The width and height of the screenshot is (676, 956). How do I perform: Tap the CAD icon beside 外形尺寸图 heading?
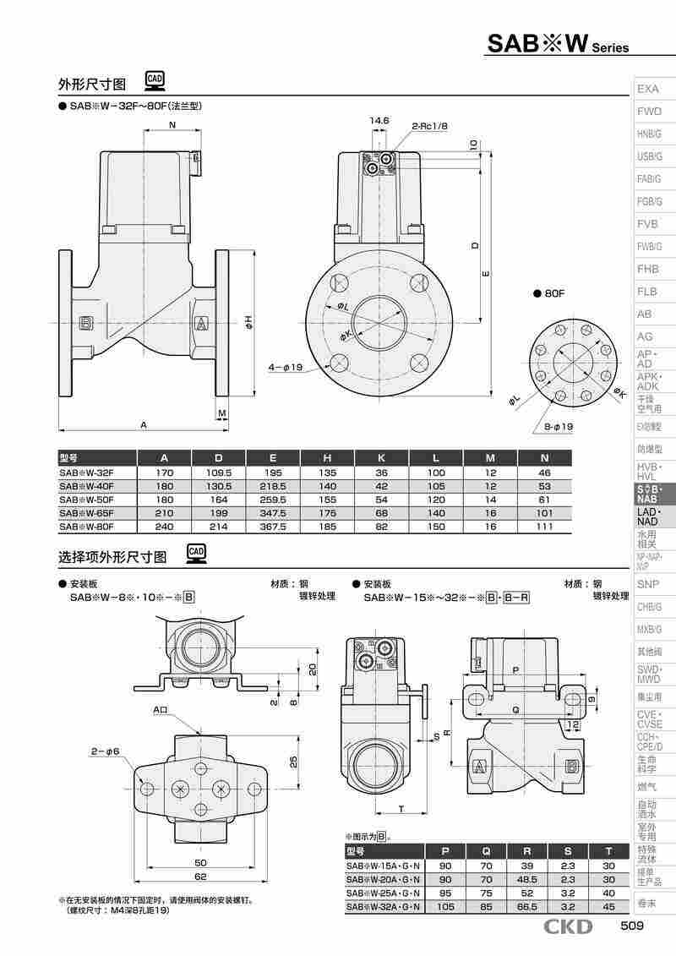(x=155, y=80)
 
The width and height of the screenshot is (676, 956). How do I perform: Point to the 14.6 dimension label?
(x=379, y=121)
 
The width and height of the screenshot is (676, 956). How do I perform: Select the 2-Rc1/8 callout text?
(x=429, y=126)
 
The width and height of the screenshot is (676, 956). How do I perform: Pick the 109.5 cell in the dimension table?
(x=219, y=473)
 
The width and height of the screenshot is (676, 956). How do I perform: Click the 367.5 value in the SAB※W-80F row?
(x=273, y=526)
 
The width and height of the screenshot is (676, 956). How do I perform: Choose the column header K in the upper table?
(x=382, y=458)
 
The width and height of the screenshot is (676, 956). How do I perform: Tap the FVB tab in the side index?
(x=648, y=224)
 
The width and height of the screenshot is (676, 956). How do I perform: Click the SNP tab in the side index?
(x=648, y=584)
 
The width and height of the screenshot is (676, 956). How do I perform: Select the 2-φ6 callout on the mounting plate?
(x=106, y=751)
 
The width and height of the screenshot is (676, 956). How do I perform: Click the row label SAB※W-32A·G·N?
(x=383, y=907)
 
